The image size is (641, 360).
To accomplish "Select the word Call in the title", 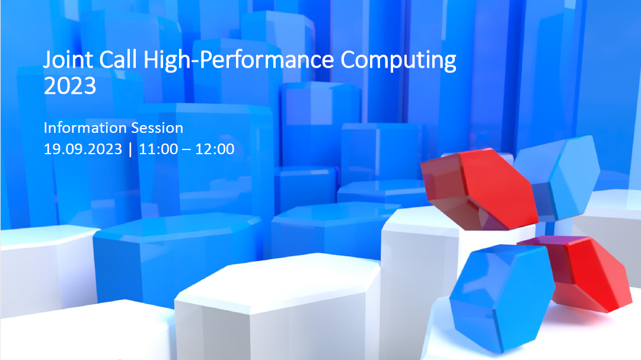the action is pos(118,59).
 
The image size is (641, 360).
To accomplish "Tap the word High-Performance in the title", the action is pos(239,60).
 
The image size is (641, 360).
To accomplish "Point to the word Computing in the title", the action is pos(398,60).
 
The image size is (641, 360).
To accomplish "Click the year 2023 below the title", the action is pos(70,86).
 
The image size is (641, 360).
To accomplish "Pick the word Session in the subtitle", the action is pos(157,128).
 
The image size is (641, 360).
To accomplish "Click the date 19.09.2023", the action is pos(83,149).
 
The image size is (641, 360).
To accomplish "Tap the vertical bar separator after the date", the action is pos(130,149).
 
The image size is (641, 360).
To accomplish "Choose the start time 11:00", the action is pos(158,149).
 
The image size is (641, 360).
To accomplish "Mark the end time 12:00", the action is pos(215,149).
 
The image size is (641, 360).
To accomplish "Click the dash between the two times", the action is pos(187,150).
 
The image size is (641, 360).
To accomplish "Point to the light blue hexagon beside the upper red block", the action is pos(559,177).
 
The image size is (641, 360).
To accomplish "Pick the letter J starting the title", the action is pos(47,60).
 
